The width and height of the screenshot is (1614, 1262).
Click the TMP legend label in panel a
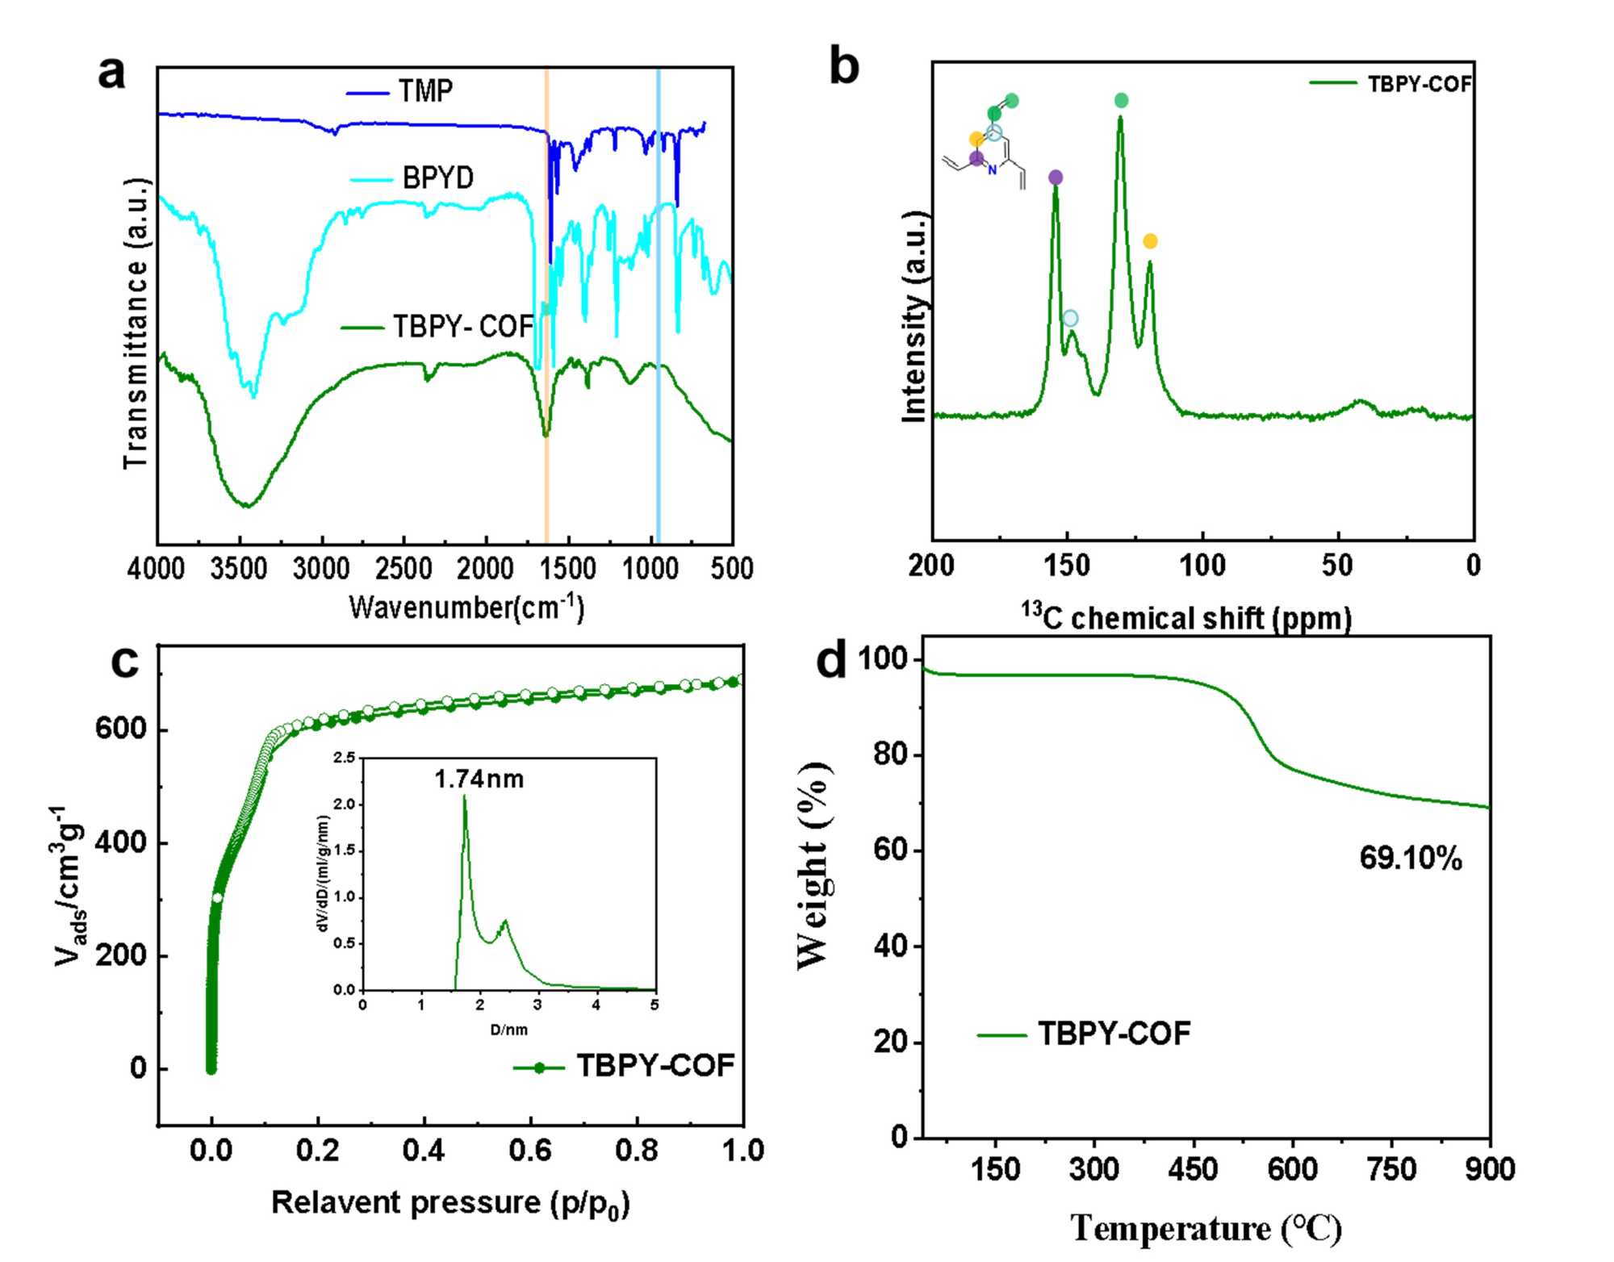point(425,91)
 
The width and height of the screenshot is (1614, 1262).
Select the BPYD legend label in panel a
point(438,178)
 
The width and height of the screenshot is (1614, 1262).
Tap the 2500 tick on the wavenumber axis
point(404,569)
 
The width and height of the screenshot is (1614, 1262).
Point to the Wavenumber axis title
point(466,607)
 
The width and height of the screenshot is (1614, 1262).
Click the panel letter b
point(844,68)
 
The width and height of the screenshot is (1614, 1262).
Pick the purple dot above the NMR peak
point(1056,178)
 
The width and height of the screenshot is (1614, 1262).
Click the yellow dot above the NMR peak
point(1150,241)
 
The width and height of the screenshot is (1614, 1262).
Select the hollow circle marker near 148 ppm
point(1070,319)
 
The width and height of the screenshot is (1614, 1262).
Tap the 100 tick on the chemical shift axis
point(1202,566)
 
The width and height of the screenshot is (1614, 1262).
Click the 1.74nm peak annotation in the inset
point(479,779)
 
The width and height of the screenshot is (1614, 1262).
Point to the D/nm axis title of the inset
point(508,1030)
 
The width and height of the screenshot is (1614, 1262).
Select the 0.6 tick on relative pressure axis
point(530,1151)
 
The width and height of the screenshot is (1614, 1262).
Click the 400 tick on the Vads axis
point(120,843)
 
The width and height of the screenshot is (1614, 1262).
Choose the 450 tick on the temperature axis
point(1193,1169)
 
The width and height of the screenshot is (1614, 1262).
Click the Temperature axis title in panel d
point(1206,1229)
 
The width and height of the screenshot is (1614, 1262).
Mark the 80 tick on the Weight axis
point(893,755)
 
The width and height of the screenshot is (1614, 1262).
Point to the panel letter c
point(125,662)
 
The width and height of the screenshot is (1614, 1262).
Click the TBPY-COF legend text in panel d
point(1114,1034)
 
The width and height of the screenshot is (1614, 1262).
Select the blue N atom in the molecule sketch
point(993,170)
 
